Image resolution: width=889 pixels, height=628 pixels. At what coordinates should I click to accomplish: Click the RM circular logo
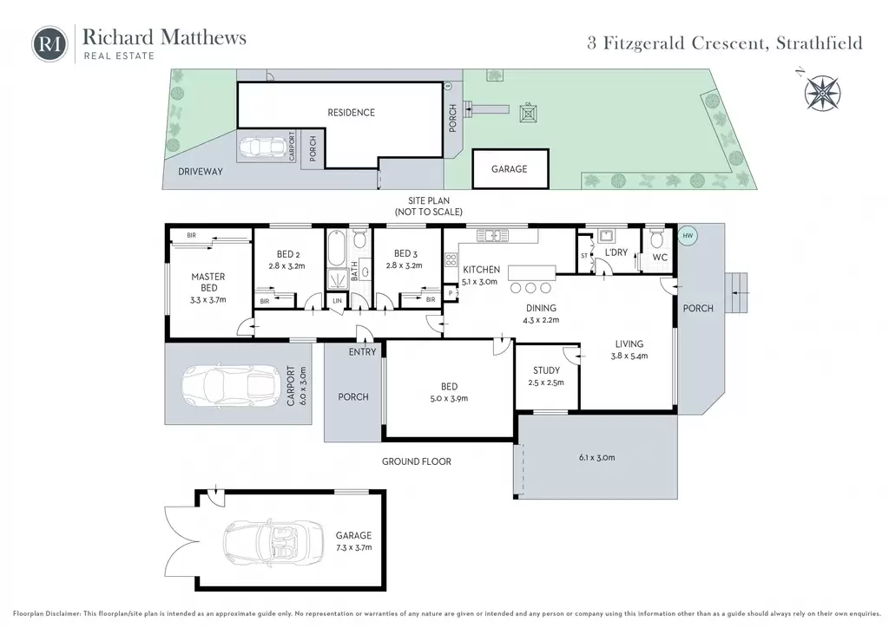(49, 44)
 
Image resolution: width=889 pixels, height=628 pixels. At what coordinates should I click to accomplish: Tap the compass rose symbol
(822, 92)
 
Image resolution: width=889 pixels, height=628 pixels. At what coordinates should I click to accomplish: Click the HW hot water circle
(688, 236)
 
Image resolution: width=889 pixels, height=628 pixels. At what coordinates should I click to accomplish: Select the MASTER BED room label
(208, 282)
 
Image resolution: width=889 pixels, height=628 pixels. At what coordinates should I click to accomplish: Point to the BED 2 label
(288, 254)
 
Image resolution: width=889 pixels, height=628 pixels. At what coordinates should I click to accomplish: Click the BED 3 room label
(405, 253)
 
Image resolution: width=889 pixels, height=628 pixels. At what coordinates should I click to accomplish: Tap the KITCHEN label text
(481, 270)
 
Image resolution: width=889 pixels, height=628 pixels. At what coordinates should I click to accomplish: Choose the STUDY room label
(547, 370)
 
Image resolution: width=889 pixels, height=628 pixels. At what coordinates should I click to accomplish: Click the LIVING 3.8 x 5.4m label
(629, 350)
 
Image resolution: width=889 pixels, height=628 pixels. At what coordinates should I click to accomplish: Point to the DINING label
(541, 308)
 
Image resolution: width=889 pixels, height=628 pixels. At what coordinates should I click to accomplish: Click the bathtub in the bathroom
(336, 247)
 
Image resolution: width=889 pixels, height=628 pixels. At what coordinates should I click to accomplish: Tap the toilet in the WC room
(656, 239)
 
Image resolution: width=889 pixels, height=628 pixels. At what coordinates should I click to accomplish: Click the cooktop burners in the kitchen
(451, 260)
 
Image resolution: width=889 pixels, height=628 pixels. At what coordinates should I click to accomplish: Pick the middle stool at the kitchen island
(530, 288)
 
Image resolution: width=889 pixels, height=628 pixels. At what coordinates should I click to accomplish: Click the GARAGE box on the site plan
(510, 169)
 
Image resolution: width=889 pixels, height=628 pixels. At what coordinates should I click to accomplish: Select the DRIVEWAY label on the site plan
(201, 172)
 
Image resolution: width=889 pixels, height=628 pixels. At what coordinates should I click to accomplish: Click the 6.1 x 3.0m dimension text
(597, 457)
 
